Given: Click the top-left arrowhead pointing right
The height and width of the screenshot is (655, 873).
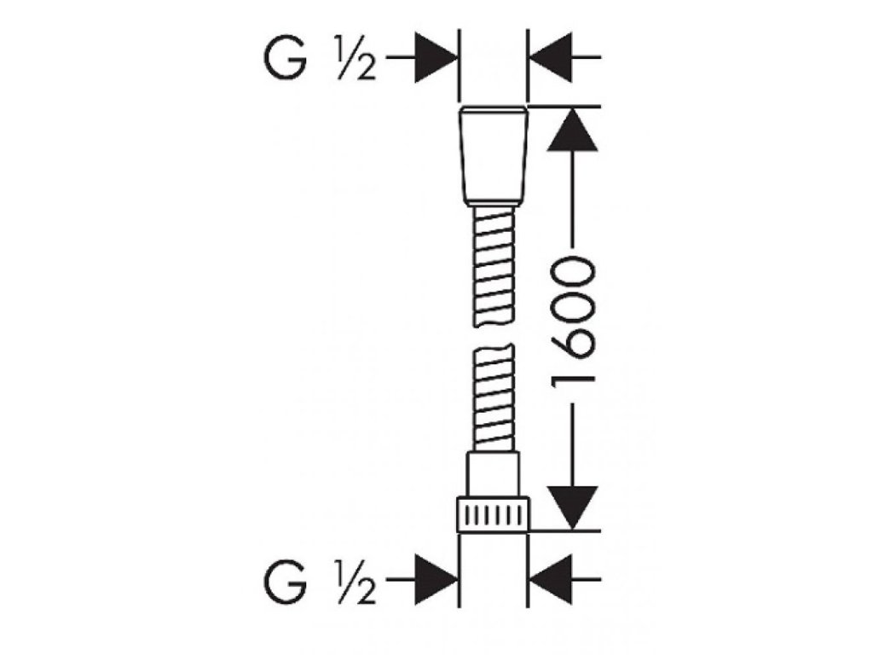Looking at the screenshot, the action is [x=436, y=58].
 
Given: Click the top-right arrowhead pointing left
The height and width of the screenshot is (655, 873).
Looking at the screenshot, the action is [x=551, y=58].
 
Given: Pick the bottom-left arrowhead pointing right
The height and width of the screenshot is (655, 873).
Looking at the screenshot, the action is [x=436, y=582].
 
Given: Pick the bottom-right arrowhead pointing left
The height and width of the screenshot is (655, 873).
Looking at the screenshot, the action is [x=551, y=582].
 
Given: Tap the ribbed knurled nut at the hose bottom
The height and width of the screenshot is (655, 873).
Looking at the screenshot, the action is [x=494, y=516].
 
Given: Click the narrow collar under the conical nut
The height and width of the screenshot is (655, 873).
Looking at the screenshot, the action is [x=494, y=206].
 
